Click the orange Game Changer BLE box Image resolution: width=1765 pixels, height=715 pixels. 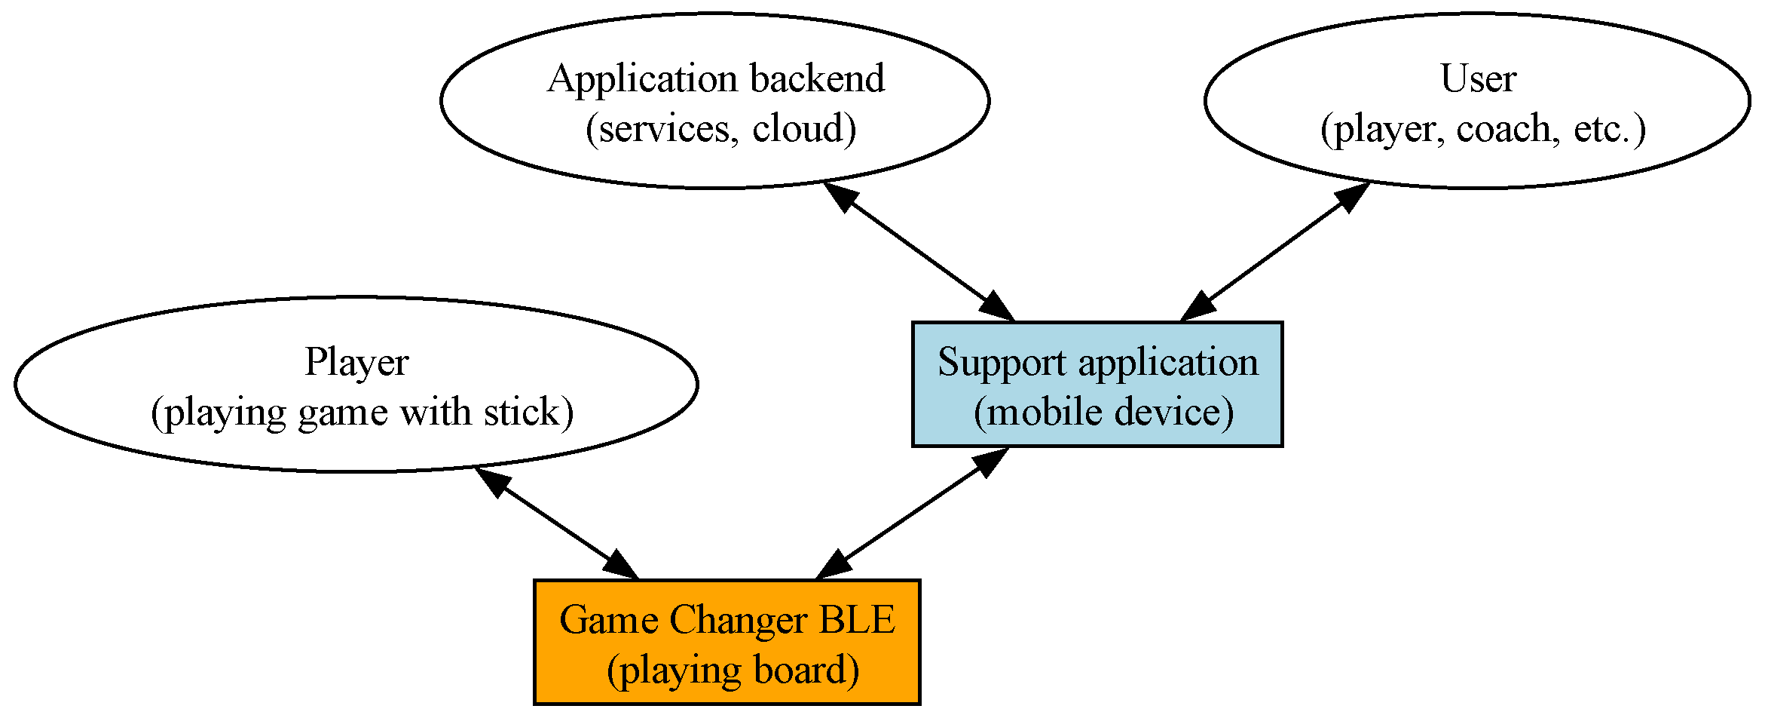[x=726, y=642]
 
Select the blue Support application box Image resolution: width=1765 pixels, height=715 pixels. [x=1097, y=384]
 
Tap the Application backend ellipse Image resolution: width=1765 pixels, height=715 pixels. [x=714, y=100]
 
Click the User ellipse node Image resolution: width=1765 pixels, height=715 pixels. [x=1477, y=100]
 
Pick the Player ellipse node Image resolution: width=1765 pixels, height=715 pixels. [x=356, y=384]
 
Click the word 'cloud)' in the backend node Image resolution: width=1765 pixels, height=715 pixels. [x=803, y=128]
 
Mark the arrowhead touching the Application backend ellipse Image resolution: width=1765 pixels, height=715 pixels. [x=840, y=195]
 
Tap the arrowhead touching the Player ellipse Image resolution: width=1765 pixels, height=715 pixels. [x=494, y=480]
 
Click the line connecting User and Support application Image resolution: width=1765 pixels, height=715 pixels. [x=1274, y=253]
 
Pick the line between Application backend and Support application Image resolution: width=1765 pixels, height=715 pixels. [x=918, y=253]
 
